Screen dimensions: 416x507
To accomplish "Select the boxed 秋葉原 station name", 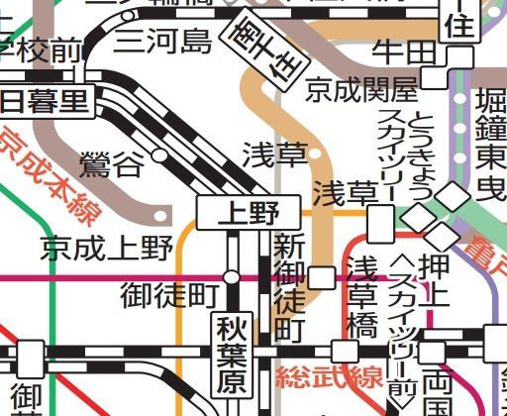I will [x=232, y=354].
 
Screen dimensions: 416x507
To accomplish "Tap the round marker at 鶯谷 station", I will [x=158, y=155].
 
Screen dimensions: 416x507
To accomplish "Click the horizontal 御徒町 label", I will [x=168, y=293].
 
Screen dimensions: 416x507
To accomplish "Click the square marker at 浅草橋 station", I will [x=345, y=352].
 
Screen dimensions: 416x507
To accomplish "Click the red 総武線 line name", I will [x=315, y=377].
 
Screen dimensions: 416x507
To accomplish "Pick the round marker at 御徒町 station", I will [x=231, y=277].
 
